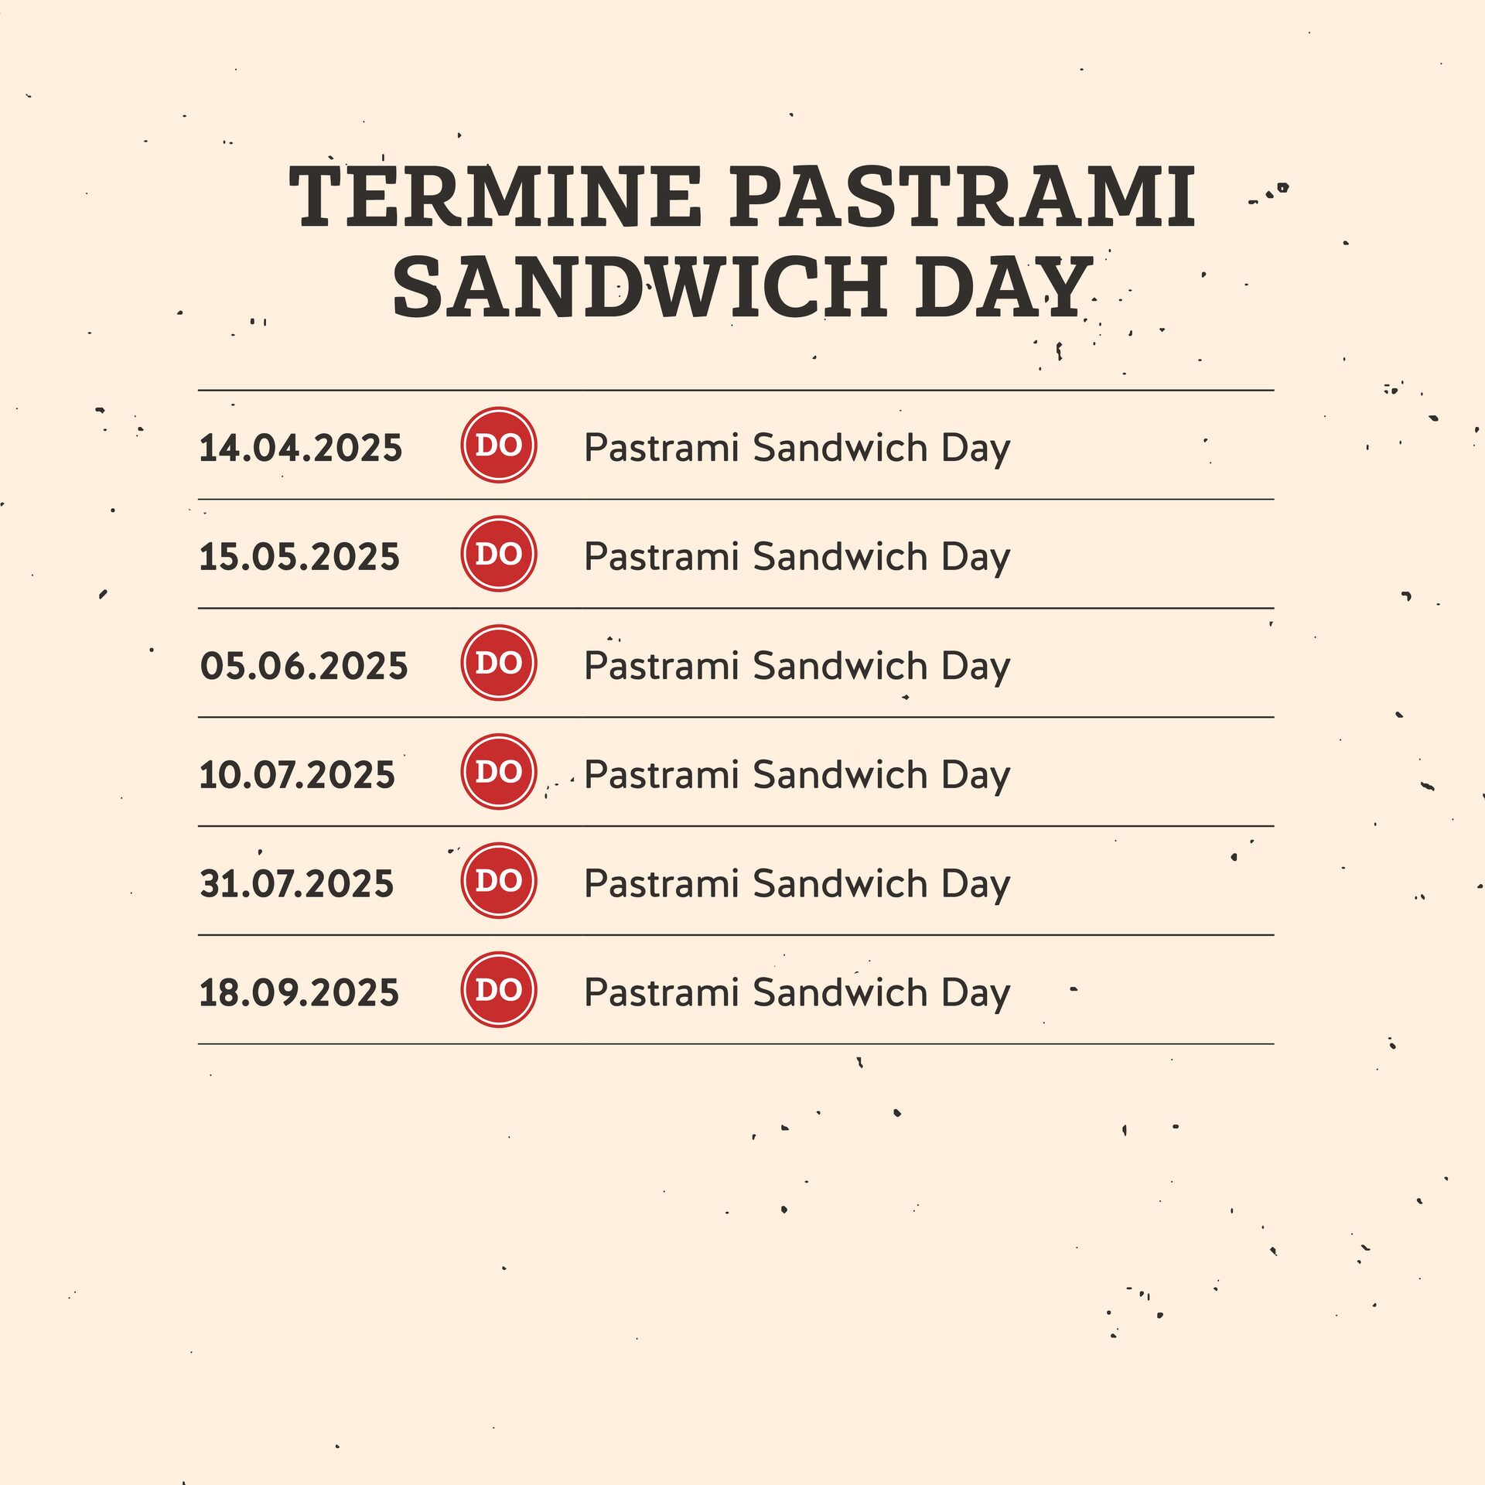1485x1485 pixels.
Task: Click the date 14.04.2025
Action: [x=301, y=448]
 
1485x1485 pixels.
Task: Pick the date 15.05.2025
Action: [x=299, y=557]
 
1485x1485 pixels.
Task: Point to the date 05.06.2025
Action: [x=303, y=666]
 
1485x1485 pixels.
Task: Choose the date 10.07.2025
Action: [x=297, y=775]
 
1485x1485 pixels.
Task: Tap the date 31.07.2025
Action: [x=296, y=884]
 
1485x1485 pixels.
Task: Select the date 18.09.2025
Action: [x=299, y=993]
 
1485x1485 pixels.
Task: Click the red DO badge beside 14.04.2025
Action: [x=499, y=445]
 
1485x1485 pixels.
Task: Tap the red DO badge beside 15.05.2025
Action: [x=499, y=554]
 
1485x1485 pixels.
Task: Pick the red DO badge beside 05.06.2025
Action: [x=499, y=663]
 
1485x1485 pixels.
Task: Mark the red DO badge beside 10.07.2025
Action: [x=499, y=772]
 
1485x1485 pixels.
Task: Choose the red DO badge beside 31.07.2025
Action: [x=499, y=881]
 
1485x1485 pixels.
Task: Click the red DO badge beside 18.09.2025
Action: [x=499, y=990]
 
